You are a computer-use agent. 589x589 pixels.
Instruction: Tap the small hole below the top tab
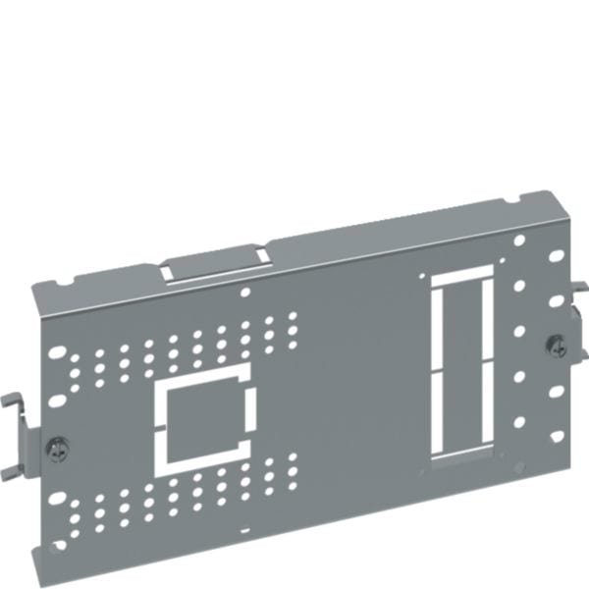pyautogui.click(x=245, y=291)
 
